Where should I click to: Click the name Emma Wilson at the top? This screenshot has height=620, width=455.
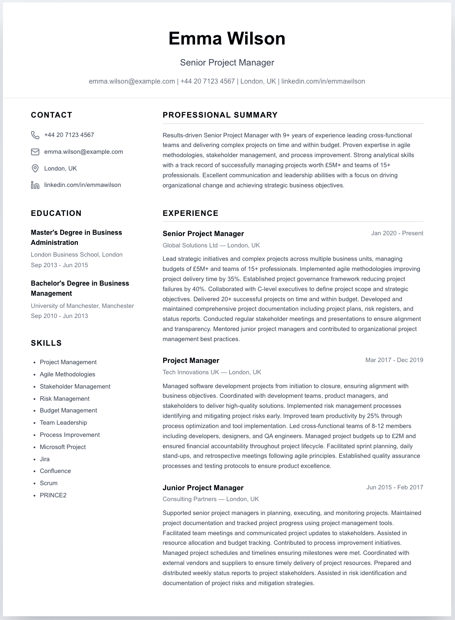click(227, 39)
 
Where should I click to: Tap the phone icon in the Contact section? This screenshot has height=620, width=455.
click(35, 135)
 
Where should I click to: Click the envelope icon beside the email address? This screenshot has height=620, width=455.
click(35, 152)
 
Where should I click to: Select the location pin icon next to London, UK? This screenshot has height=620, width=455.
click(35, 168)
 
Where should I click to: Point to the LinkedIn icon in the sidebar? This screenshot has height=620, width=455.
click(35, 185)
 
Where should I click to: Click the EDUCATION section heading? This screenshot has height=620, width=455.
click(56, 213)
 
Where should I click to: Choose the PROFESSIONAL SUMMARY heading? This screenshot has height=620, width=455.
click(220, 115)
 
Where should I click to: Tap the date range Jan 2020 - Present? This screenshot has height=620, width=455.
click(397, 233)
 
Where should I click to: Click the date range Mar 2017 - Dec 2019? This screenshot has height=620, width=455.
click(394, 360)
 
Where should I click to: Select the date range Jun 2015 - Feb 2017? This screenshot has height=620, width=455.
click(394, 487)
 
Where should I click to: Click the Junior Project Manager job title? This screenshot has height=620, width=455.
click(203, 488)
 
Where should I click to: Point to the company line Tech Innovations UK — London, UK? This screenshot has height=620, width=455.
click(212, 372)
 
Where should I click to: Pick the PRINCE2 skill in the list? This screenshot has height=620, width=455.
click(53, 495)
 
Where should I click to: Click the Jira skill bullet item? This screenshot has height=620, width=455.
click(45, 459)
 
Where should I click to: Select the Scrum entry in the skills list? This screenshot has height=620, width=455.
click(48, 483)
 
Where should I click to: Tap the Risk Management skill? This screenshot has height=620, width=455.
click(64, 399)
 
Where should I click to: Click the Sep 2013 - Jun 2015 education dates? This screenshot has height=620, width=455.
click(59, 265)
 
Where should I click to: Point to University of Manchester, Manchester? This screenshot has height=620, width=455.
click(82, 306)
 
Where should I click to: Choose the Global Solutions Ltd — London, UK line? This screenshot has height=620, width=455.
click(211, 245)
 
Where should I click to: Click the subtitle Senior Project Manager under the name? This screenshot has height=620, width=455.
click(227, 63)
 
